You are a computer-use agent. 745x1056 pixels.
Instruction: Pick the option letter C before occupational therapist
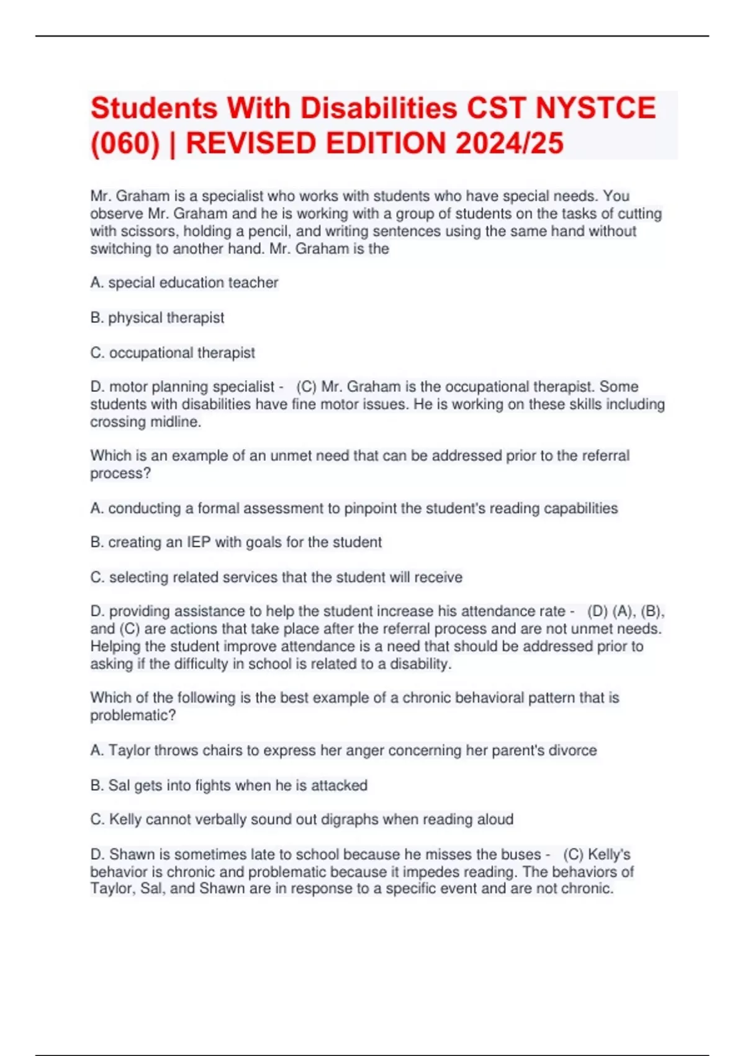pos(96,353)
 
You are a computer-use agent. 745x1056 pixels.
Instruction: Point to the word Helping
pos(115,647)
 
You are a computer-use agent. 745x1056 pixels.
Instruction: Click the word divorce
pos(574,750)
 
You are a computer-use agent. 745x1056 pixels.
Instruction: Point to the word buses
pos(521,854)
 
